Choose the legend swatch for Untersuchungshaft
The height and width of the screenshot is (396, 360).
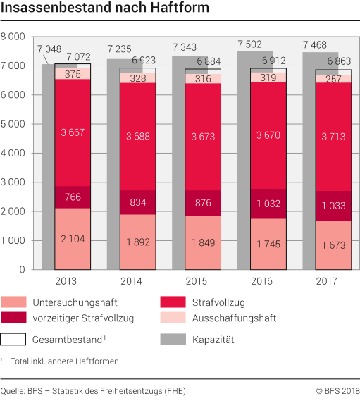[16, 302]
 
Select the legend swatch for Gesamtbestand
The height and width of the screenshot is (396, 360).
[16, 339]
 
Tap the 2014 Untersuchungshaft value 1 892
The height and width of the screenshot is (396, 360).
[132, 242]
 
